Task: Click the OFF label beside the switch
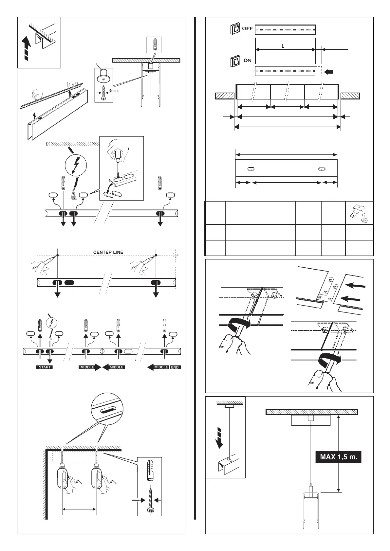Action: [247, 28]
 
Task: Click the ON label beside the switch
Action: [247, 60]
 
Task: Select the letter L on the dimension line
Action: [283, 46]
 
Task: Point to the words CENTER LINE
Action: [108, 252]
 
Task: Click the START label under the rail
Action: [45, 367]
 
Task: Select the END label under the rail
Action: [175, 367]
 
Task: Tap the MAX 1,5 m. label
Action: [338, 456]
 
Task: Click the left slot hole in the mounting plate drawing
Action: [251, 169]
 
